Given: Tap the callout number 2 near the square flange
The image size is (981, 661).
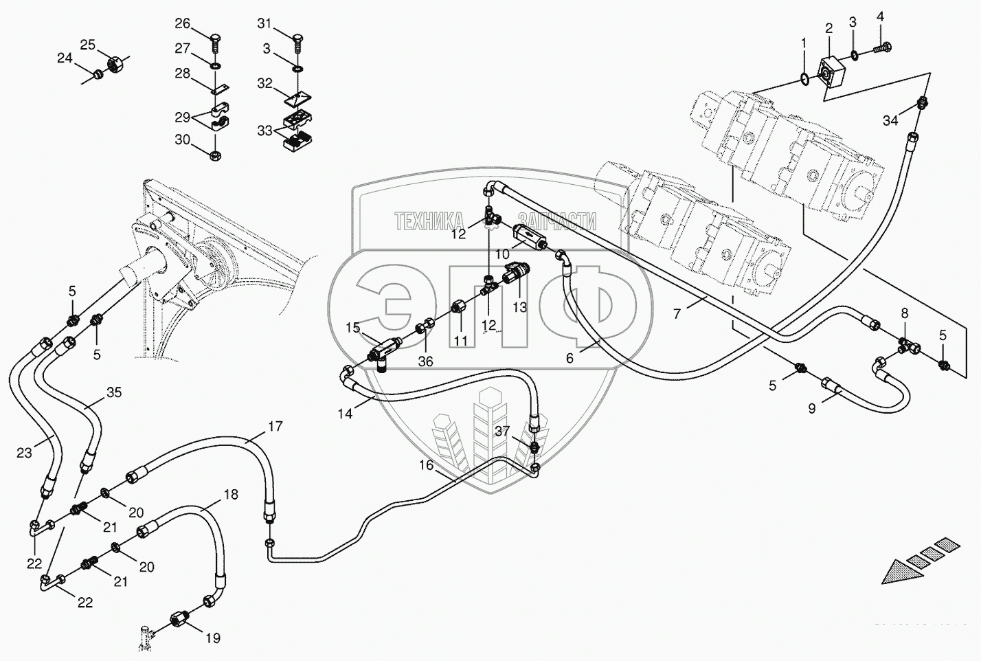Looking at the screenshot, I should (829, 28).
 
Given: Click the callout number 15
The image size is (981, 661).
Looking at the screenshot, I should (353, 328).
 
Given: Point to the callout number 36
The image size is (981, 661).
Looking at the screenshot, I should (426, 361).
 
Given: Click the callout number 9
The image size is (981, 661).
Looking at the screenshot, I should (811, 408).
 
